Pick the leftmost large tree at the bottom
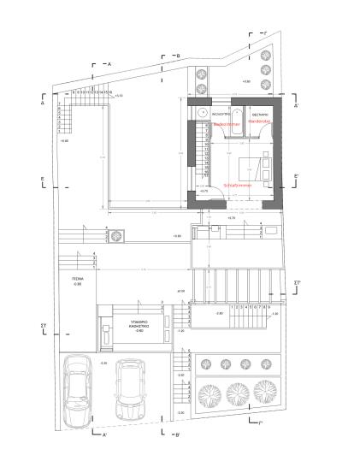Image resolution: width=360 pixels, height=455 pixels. pos(210,395)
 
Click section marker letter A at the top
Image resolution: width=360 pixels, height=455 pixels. pos(109,64)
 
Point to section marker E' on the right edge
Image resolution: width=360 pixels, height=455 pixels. pos(296,176)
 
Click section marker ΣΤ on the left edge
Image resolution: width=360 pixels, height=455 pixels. pos(43,326)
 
